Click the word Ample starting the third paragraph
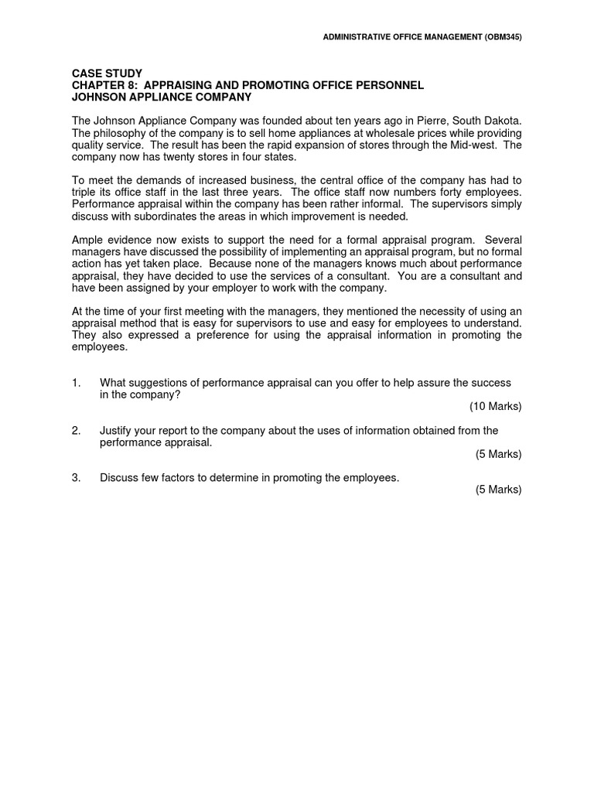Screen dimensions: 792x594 87,240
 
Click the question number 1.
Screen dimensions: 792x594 76,383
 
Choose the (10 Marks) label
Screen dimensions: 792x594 495,406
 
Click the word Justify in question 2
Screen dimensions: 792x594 116,430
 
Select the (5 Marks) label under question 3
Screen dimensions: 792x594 498,490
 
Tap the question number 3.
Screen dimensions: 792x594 76,478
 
